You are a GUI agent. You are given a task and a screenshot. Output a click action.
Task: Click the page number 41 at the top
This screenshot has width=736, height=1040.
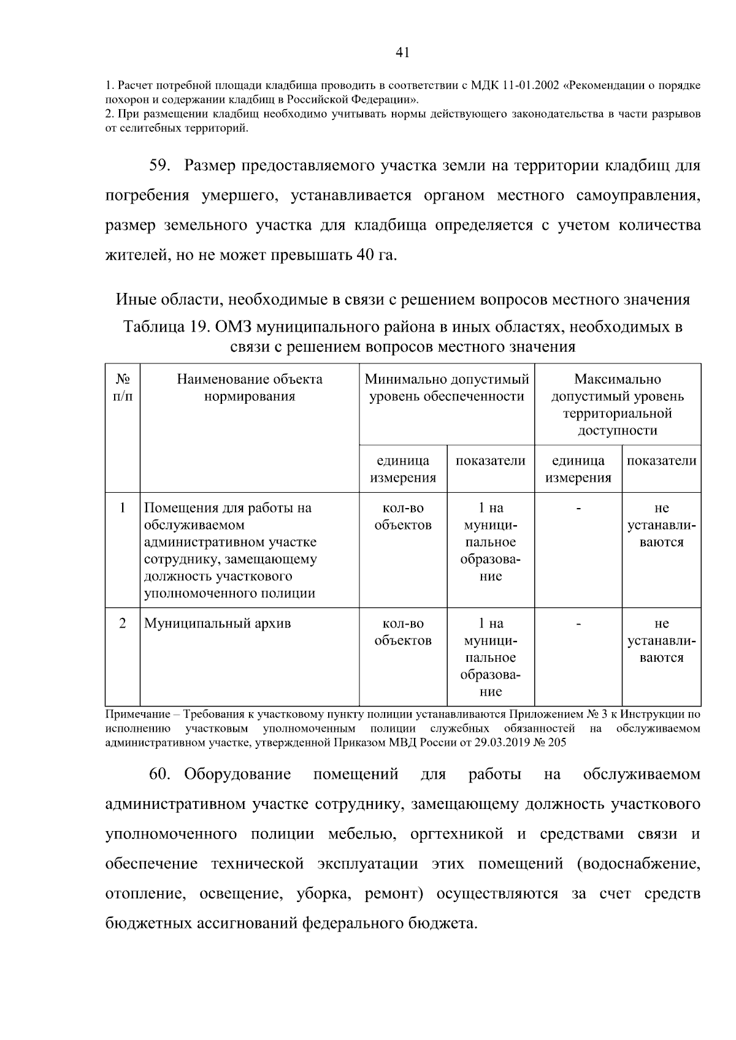pos(402,53)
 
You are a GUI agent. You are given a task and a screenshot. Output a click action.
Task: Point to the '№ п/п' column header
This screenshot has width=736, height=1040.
pos(123,388)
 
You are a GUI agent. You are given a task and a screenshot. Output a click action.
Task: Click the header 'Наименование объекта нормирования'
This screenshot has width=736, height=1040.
pos(250,388)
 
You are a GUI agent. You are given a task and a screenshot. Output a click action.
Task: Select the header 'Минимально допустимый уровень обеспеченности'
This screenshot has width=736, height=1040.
pos(447,388)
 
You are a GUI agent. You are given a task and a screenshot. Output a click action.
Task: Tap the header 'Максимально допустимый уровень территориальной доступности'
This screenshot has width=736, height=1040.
pos(617,404)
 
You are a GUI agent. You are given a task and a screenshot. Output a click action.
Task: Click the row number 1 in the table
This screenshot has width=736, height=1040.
pos(123,508)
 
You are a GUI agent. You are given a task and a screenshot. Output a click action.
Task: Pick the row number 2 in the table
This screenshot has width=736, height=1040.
pos(123,624)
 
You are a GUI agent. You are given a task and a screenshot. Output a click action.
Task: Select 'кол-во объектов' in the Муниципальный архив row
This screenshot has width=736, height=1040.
pos(403,632)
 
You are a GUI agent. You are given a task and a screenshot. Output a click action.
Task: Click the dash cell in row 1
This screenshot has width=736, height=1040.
pos(578,508)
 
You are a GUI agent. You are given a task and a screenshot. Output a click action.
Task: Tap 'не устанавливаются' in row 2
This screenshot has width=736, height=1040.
pos(661,640)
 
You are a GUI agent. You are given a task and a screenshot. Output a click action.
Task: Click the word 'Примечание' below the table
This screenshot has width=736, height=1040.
pos(136,714)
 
